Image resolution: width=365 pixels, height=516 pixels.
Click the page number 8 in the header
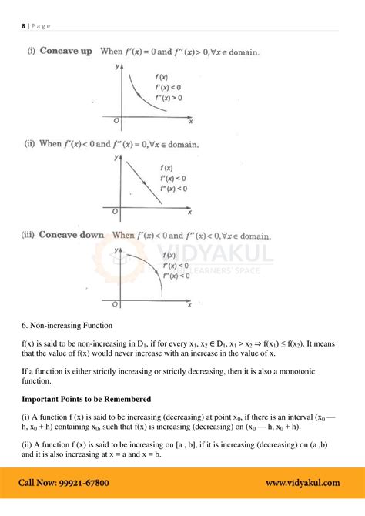23,25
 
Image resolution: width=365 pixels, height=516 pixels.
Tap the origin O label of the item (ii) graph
116,211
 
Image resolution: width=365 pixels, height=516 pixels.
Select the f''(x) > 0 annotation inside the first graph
167,96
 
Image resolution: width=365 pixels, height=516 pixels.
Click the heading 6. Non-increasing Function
68,325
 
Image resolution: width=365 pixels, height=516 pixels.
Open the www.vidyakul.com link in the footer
302,483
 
